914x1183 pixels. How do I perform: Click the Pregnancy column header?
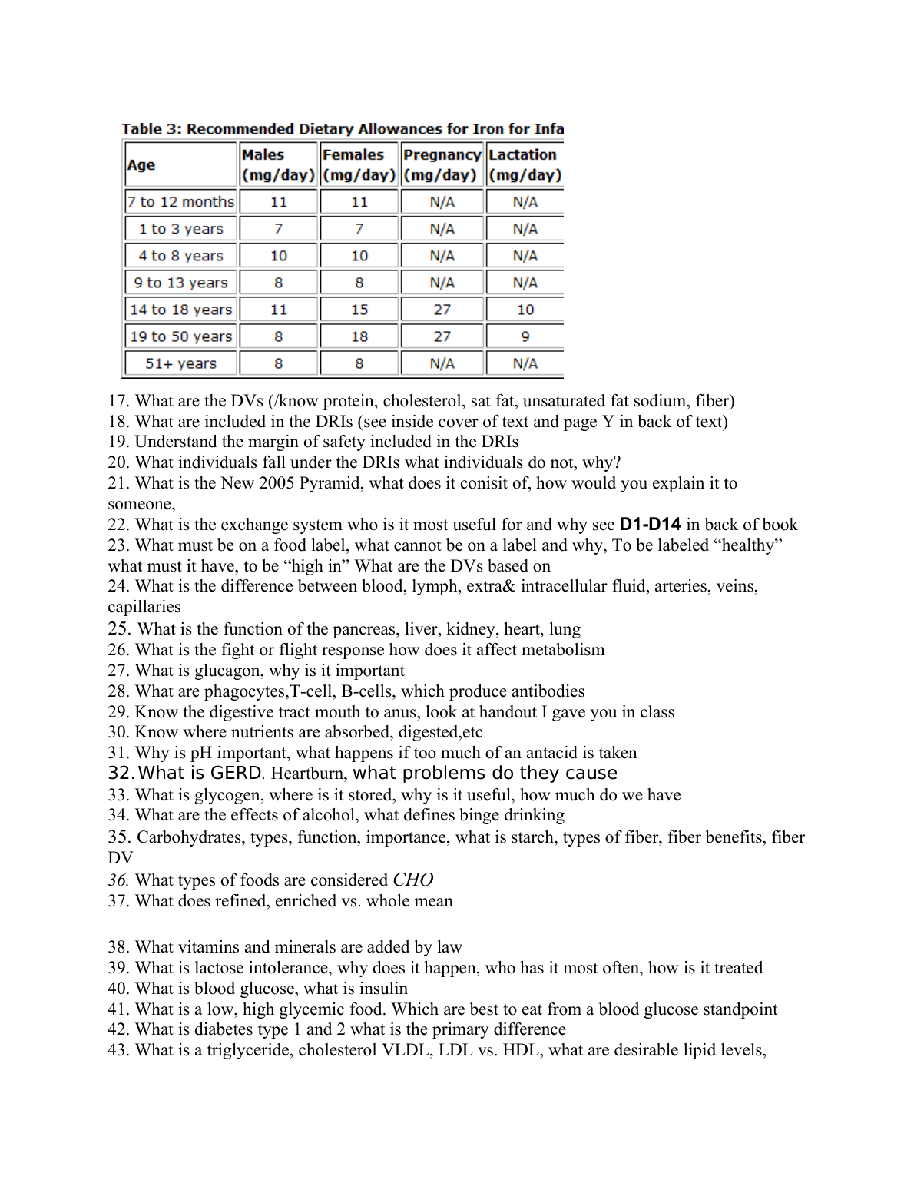(442, 164)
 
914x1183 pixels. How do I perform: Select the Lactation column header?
(525, 164)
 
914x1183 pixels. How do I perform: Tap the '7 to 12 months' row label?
(181, 202)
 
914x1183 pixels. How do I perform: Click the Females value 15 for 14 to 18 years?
(359, 310)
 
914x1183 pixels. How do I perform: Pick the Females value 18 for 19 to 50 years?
(359, 336)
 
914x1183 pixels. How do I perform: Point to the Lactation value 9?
(525, 336)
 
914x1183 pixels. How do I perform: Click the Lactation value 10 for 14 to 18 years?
(525, 310)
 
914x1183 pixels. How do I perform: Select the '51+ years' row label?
(181, 363)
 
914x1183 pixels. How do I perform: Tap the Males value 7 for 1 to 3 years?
(278, 229)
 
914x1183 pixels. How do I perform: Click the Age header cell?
(141, 165)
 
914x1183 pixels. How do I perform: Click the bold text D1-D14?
(650, 525)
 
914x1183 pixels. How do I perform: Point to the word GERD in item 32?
(237, 773)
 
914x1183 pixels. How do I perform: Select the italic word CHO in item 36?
(412, 880)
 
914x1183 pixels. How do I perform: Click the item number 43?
(118, 1050)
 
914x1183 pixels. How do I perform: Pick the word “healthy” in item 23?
(748, 545)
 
